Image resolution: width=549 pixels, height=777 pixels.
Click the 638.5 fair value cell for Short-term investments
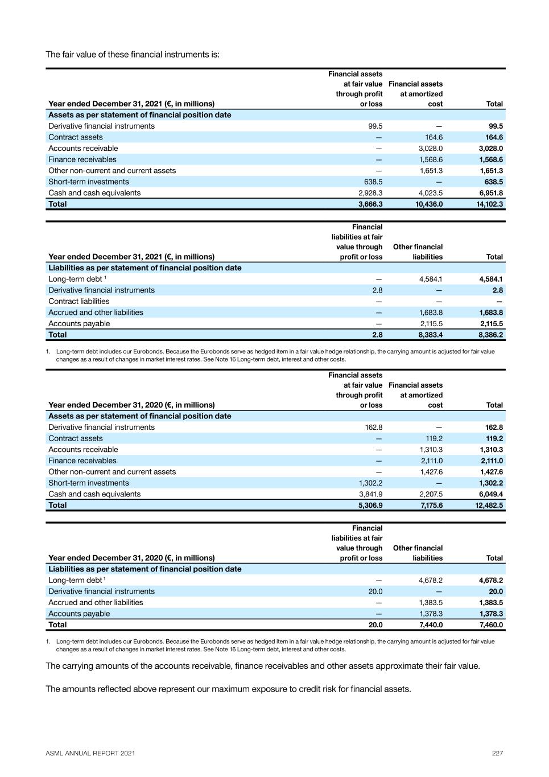(373, 182)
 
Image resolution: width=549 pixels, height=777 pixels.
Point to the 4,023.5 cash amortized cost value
(430, 193)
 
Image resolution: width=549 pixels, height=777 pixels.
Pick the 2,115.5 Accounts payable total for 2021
(491, 324)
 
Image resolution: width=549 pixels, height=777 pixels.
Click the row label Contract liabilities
(79, 302)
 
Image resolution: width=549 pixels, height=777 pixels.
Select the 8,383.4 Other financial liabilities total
(430, 335)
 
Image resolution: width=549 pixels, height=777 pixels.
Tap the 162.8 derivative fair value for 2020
(373, 427)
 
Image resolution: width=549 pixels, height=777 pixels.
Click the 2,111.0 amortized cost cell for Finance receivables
(431, 461)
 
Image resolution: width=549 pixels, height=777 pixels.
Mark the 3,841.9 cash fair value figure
(370, 494)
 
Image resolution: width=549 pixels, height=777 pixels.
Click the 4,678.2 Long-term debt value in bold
(491, 581)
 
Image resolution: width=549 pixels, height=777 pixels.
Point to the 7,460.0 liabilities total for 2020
(491, 625)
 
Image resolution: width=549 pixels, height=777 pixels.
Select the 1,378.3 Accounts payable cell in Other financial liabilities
(431, 614)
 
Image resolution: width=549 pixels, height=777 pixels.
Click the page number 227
(497, 753)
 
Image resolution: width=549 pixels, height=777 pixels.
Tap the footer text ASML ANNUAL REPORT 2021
(90, 753)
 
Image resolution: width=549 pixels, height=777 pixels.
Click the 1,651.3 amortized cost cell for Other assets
(431, 171)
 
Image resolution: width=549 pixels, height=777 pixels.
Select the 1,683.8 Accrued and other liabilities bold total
(491, 313)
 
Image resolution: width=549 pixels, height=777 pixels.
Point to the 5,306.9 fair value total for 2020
(370, 505)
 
